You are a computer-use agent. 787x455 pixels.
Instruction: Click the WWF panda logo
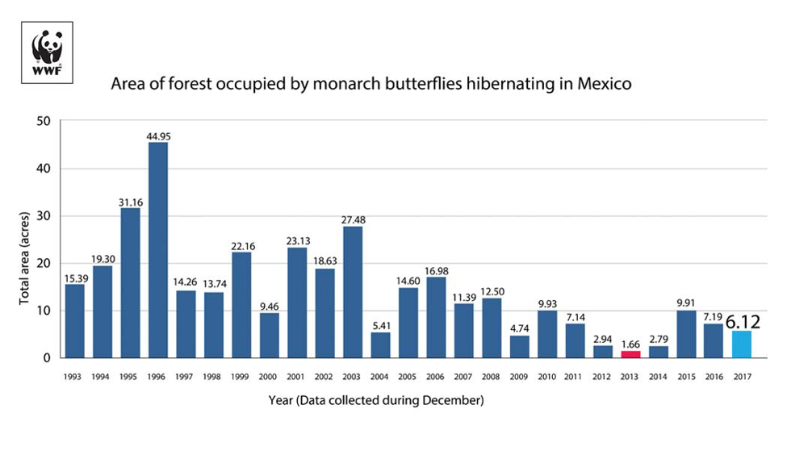coord(47,52)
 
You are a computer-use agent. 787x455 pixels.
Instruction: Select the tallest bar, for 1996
coord(158,250)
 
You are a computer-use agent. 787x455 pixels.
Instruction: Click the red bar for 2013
coord(630,353)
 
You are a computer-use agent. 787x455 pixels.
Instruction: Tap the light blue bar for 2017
coord(741,344)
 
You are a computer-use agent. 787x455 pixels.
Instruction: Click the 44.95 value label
coord(158,136)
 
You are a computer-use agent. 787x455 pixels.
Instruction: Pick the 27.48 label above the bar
coord(353,219)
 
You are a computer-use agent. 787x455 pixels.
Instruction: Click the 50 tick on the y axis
coord(42,121)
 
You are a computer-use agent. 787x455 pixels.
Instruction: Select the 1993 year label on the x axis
coord(74,377)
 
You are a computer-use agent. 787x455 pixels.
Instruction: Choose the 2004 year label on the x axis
coord(380,377)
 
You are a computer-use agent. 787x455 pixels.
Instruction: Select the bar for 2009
coord(519,346)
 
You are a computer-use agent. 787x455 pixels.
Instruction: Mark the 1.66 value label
coord(630,343)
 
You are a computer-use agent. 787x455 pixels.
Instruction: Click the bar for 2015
coord(685,334)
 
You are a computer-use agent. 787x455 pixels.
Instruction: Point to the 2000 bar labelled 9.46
coord(269,335)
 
